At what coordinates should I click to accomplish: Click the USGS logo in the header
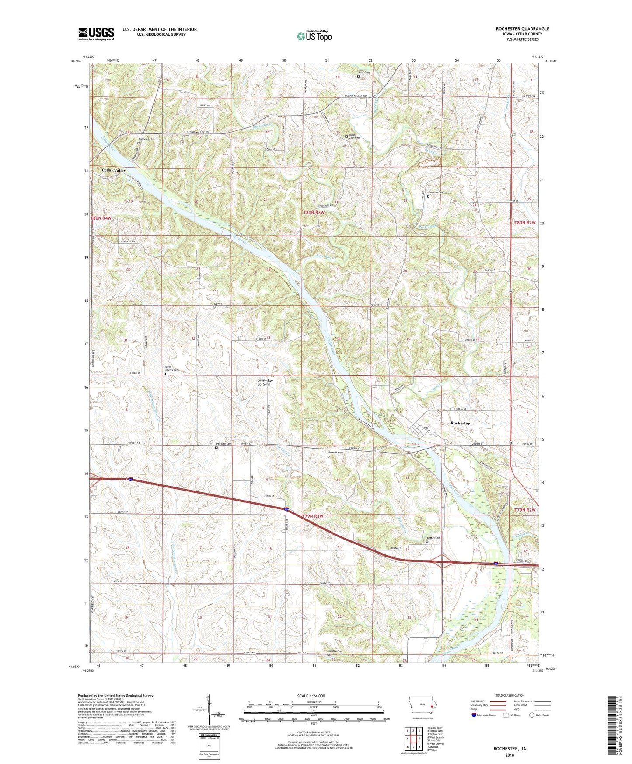[96, 34]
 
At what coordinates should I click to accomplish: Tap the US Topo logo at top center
[314, 35]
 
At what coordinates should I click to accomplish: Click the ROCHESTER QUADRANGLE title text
[522, 29]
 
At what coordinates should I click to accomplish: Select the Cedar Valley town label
[114, 170]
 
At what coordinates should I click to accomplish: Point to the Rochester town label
[460, 423]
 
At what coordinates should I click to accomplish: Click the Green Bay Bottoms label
[265, 382]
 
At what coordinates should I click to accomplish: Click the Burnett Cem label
[335, 452]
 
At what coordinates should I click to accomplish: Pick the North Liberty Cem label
[171, 368]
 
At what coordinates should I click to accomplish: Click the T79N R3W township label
[312, 516]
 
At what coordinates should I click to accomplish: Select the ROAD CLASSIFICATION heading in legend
[510, 695]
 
